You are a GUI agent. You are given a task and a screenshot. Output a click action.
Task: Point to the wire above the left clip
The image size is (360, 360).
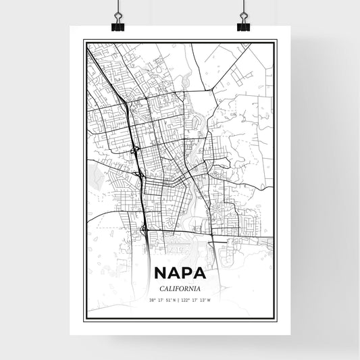pos(118,8)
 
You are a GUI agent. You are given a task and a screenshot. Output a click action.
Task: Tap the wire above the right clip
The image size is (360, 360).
pos(243,8)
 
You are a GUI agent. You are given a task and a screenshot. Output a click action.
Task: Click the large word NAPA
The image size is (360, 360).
pos(180,274)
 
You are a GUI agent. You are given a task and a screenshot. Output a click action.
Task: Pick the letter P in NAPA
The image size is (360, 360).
pos(188,274)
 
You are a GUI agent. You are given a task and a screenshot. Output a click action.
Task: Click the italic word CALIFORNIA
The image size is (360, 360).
pos(180,288)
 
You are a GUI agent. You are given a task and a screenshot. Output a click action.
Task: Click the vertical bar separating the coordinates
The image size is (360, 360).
pos(180,300)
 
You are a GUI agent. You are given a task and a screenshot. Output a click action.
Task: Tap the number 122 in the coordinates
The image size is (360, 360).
pos(187,300)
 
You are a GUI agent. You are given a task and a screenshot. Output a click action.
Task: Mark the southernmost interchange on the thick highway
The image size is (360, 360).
pos(145,230)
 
